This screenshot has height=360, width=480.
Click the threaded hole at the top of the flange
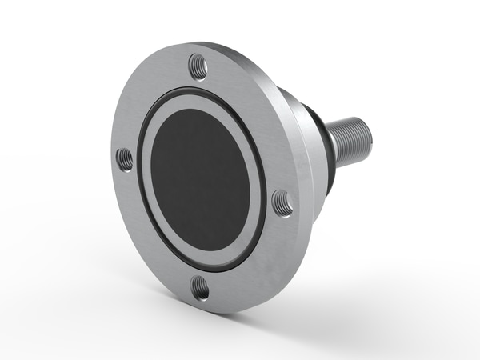coord(198,66)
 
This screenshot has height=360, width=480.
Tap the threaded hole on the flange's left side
coord(126,159)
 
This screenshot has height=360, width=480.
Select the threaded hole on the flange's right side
coord(282,202)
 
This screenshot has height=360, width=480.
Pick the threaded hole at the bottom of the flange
coord(201,287)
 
